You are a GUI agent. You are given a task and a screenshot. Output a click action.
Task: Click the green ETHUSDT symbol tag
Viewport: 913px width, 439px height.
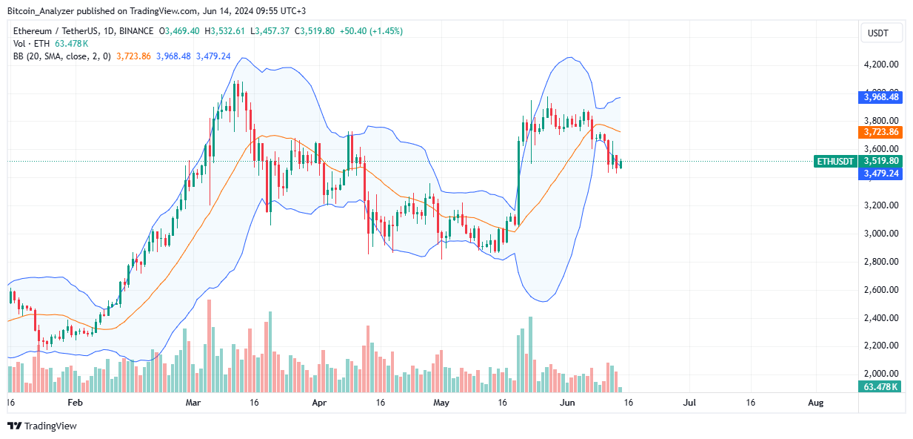tap(835, 161)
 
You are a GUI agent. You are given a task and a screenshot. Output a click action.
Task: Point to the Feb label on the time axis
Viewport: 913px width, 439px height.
tap(76, 403)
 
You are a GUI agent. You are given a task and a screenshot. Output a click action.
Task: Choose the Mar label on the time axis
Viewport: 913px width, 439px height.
tap(193, 403)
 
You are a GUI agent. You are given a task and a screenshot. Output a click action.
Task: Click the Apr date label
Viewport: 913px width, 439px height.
tap(319, 403)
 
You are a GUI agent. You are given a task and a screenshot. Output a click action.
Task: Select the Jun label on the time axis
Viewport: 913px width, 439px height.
tap(566, 403)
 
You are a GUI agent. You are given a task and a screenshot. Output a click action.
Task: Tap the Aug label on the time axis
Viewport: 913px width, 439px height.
tap(815, 403)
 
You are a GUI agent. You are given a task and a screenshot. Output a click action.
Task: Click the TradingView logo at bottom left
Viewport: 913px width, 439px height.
tap(42, 426)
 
